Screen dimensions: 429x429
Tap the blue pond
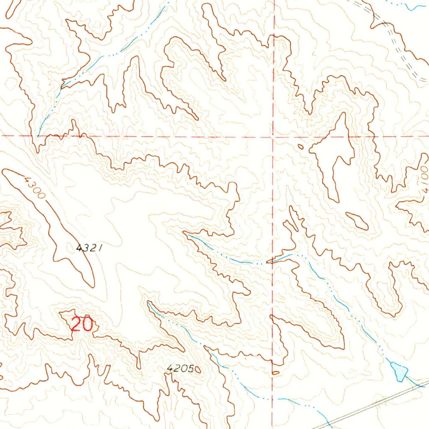pyautogui.click(x=399, y=371)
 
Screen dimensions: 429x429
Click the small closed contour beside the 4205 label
pyautogui.click(x=198, y=369)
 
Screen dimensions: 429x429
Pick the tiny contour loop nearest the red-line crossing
pyautogui.click(x=300, y=146)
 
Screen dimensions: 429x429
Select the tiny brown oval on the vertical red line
pyautogui.click(x=275, y=372)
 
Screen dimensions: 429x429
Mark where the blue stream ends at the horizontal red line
pyautogui.click(x=39, y=135)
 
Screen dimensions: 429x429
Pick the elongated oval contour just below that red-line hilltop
pyautogui.click(x=357, y=220)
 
